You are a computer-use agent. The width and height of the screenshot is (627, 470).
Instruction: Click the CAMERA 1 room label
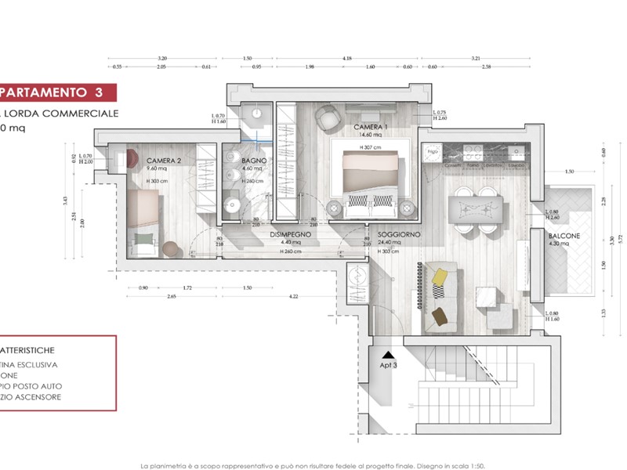click(x=370, y=127)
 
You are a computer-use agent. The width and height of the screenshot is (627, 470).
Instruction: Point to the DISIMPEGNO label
click(x=292, y=234)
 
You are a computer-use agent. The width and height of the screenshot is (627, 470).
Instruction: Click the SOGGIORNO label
click(x=399, y=234)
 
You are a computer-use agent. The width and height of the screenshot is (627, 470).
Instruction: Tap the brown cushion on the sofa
click(x=440, y=316)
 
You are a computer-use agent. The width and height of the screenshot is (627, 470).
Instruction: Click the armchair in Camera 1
click(x=325, y=117)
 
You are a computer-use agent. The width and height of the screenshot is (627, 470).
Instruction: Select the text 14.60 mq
click(x=370, y=135)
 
